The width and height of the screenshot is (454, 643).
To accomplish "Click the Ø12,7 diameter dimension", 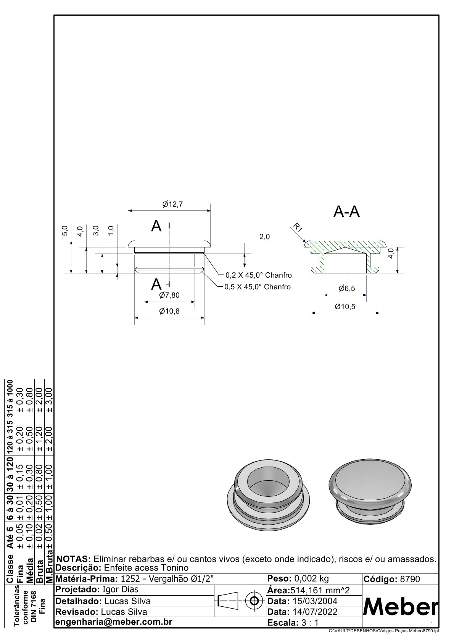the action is click(x=172, y=204).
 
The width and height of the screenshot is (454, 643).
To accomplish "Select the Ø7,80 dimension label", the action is click(x=169, y=295).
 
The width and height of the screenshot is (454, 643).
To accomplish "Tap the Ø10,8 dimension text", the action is click(x=169, y=311).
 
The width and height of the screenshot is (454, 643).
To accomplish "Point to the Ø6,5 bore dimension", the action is click(x=347, y=289).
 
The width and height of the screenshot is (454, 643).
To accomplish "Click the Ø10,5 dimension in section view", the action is click(x=345, y=307).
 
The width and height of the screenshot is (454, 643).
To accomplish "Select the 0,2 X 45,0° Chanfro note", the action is click(x=258, y=275).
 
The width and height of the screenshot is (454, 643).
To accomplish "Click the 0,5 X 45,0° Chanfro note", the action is click(x=258, y=287).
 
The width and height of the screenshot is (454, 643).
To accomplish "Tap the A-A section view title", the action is click(x=346, y=212).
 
